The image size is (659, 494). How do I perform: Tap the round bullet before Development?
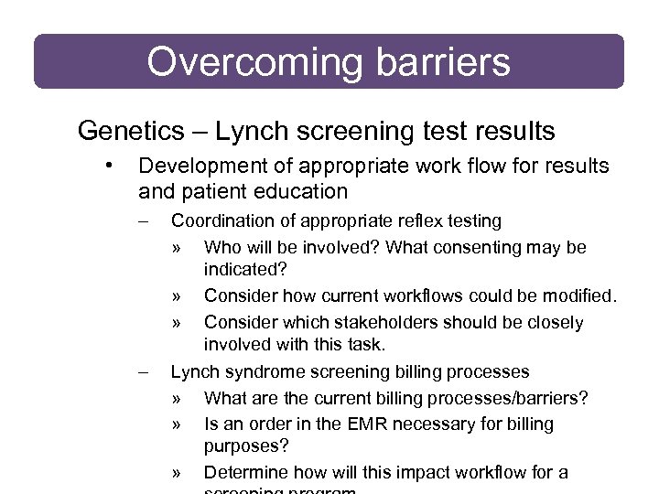click(x=109, y=166)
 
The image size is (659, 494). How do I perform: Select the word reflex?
click(x=420, y=220)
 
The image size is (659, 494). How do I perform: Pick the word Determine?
click(x=243, y=472)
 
